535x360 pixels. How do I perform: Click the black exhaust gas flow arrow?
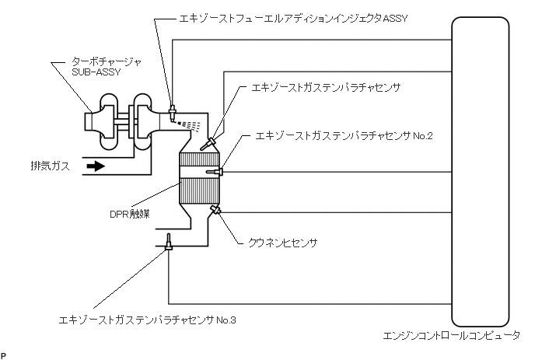click(x=95, y=166)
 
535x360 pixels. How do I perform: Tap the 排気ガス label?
click(x=48, y=166)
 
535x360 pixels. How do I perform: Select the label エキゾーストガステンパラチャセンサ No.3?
click(x=147, y=320)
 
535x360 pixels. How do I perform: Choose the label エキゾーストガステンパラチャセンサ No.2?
click(x=344, y=136)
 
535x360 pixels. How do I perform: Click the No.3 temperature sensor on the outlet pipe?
click(x=169, y=246)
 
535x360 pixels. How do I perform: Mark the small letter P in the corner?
click(x=3, y=355)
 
